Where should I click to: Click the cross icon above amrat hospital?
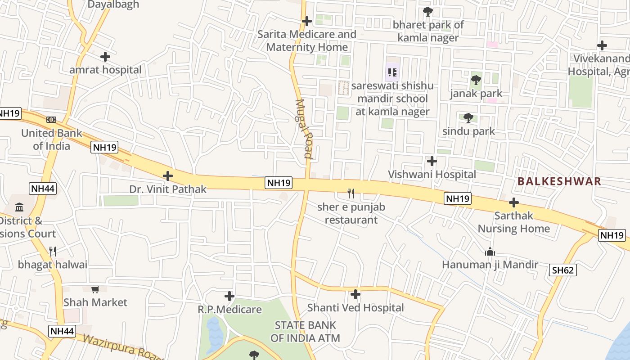point(105,57)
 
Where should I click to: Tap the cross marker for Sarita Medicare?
point(307,21)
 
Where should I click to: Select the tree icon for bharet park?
point(427,12)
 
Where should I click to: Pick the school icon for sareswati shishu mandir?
point(392,72)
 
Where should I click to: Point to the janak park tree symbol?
point(476,81)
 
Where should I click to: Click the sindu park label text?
point(468,131)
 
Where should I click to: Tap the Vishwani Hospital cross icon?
point(432,161)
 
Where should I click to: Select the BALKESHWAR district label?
point(559,181)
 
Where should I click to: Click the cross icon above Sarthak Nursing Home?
point(514,202)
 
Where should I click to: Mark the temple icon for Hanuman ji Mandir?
point(490,252)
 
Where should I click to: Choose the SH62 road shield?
point(563,270)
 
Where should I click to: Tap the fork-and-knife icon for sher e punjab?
point(351,193)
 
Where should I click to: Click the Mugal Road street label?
point(305,129)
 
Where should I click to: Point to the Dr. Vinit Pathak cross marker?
point(168,176)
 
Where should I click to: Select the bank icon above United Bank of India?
point(51,120)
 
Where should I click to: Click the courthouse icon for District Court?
point(20,207)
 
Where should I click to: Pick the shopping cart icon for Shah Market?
point(95,289)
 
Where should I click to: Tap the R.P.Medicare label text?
point(229,310)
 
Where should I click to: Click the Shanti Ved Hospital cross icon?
point(355,295)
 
